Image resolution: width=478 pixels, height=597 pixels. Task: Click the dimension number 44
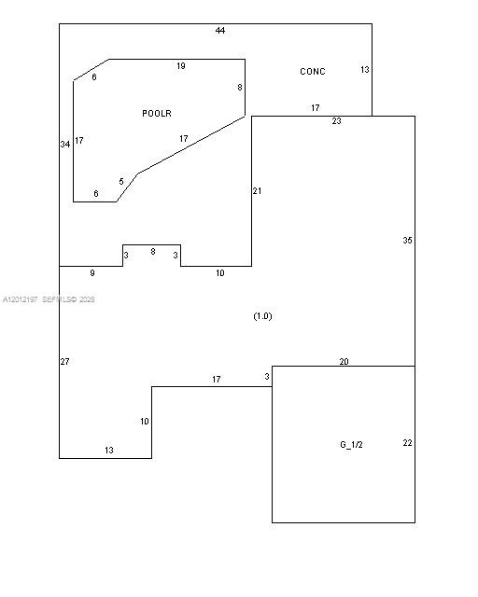click(x=220, y=31)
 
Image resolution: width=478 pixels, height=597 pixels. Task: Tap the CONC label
click(x=313, y=72)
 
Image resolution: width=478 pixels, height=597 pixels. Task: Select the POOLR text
click(x=157, y=114)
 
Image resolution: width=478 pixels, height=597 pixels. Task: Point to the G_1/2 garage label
click(x=351, y=444)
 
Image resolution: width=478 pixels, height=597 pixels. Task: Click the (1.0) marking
click(x=262, y=316)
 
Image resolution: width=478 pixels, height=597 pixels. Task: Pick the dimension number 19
click(x=181, y=66)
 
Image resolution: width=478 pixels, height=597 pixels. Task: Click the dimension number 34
click(x=65, y=145)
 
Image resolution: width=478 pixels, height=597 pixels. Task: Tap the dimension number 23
click(x=336, y=121)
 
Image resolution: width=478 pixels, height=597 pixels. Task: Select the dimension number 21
click(x=257, y=190)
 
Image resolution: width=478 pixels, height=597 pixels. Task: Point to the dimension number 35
click(x=407, y=241)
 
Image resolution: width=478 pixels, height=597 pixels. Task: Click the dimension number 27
click(x=64, y=361)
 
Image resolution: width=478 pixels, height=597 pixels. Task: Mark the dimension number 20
click(x=344, y=361)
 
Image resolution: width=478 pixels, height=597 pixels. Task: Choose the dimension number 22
click(x=407, y=443)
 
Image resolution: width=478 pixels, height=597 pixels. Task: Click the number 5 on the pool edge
click(x=121, y=182)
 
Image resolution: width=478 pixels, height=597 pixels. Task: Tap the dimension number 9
click(x=92, y=273)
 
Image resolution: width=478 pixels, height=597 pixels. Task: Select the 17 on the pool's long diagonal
click(x=183, y=139)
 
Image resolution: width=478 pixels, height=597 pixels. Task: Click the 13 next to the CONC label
click(x=365, y=70)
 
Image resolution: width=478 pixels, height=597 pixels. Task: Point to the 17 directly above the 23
click(x=315, y=108)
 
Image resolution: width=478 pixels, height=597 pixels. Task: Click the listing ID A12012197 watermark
click(x=21, y=299)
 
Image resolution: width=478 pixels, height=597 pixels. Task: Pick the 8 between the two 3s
click(x=153, y=252)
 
